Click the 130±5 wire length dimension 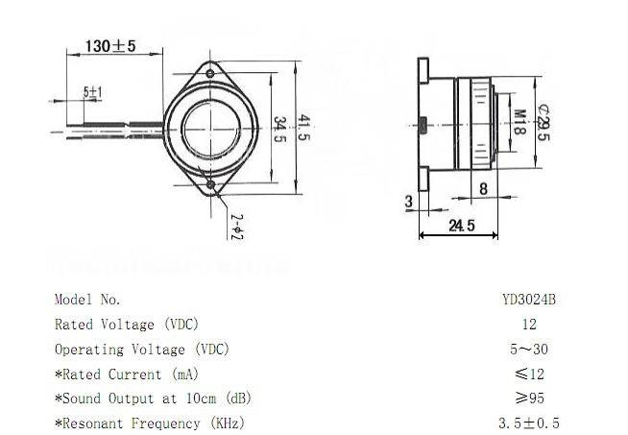tap(111, 46)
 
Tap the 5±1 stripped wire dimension tap(93, 92)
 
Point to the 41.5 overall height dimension tap(304, 130)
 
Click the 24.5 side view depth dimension tap(462, 226)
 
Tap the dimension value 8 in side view tap(483, 188)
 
